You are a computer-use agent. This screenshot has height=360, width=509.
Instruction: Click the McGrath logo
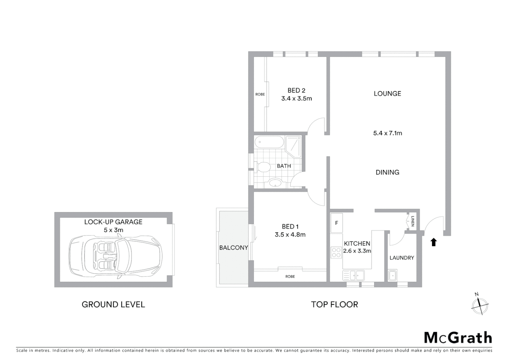458,338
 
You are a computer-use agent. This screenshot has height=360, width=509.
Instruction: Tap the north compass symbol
480,304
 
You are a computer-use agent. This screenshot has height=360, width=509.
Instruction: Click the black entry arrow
433,242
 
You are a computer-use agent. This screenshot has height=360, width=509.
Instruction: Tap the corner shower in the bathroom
293,146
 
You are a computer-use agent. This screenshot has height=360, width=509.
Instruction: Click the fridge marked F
336,223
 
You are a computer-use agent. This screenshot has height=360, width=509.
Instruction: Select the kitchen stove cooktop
336,252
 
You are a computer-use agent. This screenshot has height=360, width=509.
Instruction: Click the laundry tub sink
392,276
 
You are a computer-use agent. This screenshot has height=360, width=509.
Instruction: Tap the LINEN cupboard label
412,221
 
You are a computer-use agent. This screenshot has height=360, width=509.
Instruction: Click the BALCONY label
234,248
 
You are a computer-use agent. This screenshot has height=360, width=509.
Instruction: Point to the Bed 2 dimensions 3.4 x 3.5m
296,99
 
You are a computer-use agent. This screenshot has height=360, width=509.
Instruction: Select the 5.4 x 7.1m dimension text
387,133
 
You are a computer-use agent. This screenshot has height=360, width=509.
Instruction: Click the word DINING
387,172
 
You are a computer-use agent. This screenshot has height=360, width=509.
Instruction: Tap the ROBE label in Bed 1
290,277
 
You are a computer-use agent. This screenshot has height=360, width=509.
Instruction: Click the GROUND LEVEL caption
113,304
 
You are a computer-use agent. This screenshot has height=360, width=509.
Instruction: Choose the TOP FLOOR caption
334,304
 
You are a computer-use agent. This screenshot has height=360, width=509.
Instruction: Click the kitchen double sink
353,275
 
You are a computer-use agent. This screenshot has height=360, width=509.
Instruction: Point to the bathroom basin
275,183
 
